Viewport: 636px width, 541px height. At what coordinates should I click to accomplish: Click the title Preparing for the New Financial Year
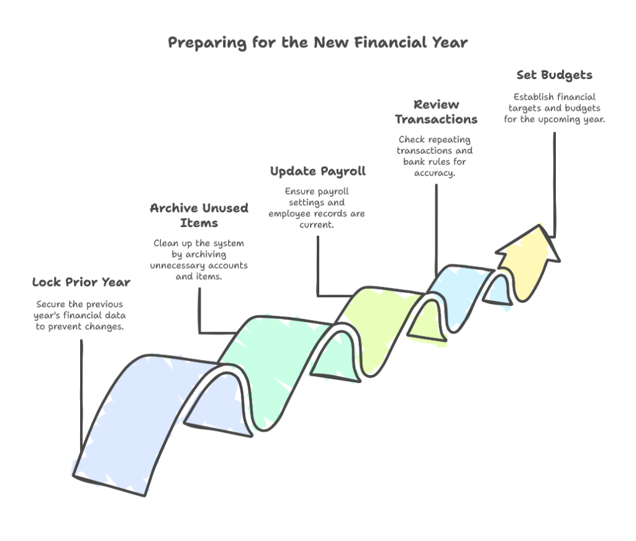pyautogui.click(x=317, y=43)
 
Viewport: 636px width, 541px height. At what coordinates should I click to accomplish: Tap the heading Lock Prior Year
pyautogui.click(x=81, y=283)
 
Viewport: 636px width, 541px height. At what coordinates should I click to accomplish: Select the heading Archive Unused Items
pyautogui.click(x=199, y=215)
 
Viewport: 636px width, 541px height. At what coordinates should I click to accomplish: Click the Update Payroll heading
pyautogui.click(x=318, y=171)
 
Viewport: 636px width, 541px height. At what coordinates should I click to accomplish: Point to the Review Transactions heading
pyautogui.click(x=436, y=112)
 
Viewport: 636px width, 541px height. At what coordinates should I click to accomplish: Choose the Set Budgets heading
pyautogui.click(x=554, y=75)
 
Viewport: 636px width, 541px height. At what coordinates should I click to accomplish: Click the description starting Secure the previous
pyautogui.click(x=79, y=315)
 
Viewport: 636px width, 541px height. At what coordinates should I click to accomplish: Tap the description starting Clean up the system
pyautogui.click(x=199, y=260)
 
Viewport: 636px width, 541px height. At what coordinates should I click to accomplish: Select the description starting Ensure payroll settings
pyautogui.click(x=317, y=208)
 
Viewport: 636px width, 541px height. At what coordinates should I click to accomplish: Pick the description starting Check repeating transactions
pyautogui.click(x=435, y=156)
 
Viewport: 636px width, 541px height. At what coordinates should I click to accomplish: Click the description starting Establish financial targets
pyautogui.click(x=554, y=108)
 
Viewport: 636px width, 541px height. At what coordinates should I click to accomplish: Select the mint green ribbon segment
pyautogui.click(x=273, y=361)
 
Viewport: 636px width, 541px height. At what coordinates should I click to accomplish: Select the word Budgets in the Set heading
pyautogui.click(x=566, y=75)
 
